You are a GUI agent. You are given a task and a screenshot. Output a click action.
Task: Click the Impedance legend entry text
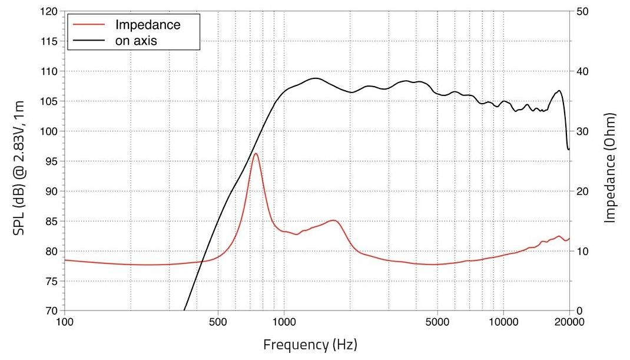148,25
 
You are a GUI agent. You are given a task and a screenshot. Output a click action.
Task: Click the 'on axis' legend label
136,41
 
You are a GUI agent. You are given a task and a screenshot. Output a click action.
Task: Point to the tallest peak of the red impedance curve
256,154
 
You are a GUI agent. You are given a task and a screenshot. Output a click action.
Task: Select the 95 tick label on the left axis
51,161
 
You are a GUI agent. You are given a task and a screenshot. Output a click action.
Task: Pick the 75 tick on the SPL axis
51,281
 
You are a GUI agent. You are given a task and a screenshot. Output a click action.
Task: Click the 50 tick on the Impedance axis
581,12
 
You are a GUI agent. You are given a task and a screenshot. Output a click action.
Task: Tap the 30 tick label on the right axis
581,131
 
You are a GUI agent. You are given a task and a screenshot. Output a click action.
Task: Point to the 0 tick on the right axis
578,311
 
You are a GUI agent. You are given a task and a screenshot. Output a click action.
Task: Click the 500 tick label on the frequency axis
218,322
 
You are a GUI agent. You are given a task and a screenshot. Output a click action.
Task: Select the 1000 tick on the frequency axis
284,322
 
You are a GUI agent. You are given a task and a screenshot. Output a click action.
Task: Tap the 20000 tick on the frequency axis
569,322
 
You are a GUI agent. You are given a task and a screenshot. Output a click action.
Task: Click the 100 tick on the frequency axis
65,322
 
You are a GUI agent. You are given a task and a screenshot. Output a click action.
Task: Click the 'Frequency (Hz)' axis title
310,344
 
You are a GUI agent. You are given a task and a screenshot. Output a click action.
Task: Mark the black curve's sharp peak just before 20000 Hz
559,91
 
